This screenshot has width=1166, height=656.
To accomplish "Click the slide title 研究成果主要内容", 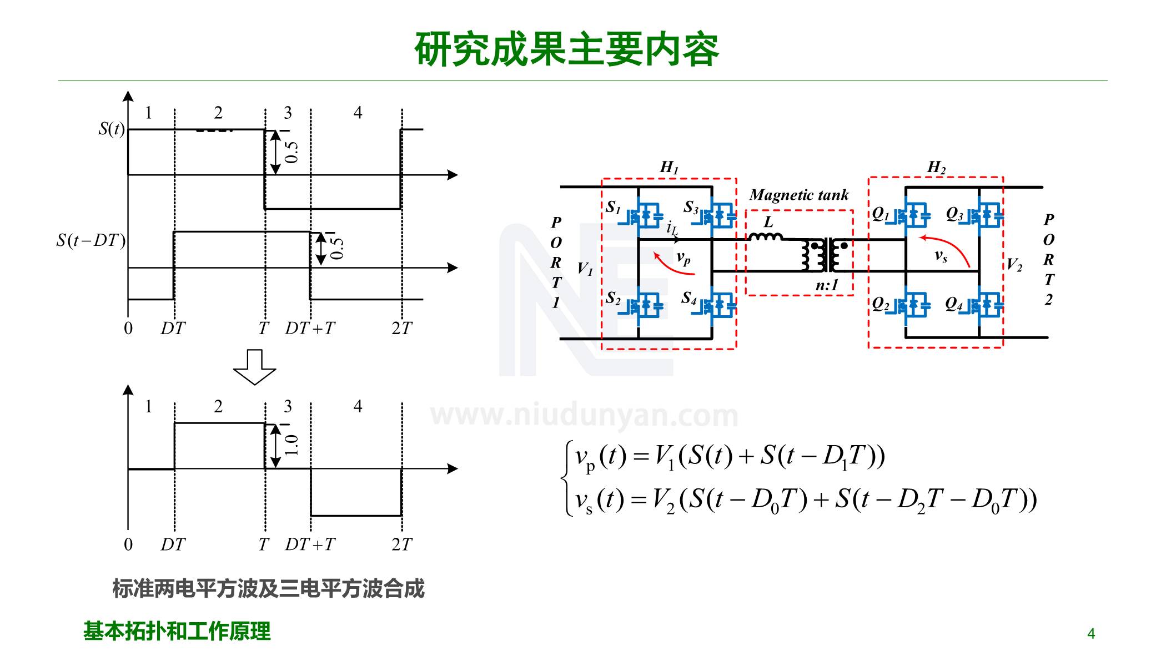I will pyautogui.click(x=567, y=49).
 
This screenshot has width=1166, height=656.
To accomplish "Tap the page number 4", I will pyautogui.click(x=1090, y=633).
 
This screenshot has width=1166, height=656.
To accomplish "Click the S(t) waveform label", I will pyautogui.click(x=111, y=129).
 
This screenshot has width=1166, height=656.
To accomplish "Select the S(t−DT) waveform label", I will pyautogui.click(x=91, y=240).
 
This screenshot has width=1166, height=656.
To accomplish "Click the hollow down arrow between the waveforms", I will pyautogui.click(x=254, y=367).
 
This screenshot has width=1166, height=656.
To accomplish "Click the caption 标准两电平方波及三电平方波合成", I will pyautogui.click(x=268, y=588).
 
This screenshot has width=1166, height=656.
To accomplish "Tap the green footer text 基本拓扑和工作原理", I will pyautogui.click(x=177, y=631).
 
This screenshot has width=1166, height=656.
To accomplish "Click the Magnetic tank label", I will pyautogui.click(x=798, y=195).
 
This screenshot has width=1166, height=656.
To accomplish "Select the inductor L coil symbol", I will pyautogui.click(x=766, y=237).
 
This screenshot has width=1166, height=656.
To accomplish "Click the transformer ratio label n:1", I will pyautogui.click(x=826, y=285).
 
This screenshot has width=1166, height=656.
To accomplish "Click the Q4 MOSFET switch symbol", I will pyautogui.click(x=986, y=305).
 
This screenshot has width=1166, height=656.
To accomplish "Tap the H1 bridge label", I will pyautogui.click(x=669, y=166).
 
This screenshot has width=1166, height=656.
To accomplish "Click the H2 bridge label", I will pyautogui.click(x=936, y=166).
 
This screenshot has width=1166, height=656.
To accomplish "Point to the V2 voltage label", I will pyautogui.click(x=1014, y=264).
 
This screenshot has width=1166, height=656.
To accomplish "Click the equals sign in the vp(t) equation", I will pyautogui.click(x=641, y=456).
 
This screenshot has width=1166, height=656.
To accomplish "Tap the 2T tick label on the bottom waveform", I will pyautogui.click(x=401, y=544).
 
